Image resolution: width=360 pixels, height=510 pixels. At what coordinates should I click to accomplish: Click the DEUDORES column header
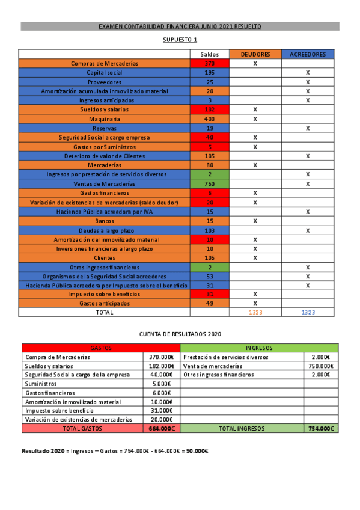(x=255, y=54)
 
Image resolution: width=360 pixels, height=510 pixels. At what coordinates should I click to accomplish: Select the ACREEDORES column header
(x=308, y=54)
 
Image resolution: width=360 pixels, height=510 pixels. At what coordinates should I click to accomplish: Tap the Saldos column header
(x=209, y=54)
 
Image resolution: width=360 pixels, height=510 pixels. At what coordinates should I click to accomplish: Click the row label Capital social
(x=104, y=72)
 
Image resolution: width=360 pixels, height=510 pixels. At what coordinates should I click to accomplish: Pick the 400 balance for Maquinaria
(x=209, y=119)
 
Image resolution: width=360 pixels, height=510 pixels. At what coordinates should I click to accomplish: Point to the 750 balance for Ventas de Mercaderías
(x=209, y=184)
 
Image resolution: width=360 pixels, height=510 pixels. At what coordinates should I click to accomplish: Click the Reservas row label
(x=104, y=128)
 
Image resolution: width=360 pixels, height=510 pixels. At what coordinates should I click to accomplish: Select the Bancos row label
(x=104, y=221)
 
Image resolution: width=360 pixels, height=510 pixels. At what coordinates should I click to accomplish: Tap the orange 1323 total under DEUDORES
(x=255, y=313)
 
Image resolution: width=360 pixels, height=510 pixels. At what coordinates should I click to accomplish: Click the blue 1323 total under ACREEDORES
(x=308, y=313)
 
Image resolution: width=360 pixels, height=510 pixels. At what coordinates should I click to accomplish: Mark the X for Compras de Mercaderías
(x=255, y=63)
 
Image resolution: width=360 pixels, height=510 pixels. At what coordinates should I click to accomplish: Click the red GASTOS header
(x=101, y=348)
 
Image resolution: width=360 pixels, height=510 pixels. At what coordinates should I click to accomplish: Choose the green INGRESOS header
(x=259, y=348)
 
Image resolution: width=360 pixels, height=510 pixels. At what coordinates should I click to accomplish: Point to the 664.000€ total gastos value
(x=162, y=429)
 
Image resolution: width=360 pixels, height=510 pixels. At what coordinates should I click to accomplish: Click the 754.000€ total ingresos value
(x=321, y=429)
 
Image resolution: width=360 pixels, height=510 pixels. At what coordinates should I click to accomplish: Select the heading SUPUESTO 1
(x=180, y=40)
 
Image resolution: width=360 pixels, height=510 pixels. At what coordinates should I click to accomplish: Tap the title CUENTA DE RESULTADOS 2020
(x=180, y=333)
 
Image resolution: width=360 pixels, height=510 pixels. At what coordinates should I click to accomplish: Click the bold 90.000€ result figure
(x=197, y=450)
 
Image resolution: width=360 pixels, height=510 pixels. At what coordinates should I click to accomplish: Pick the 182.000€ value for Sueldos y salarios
(x=162, y=366)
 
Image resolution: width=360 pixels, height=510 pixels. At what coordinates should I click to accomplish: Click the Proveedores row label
(x=104, y=82)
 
